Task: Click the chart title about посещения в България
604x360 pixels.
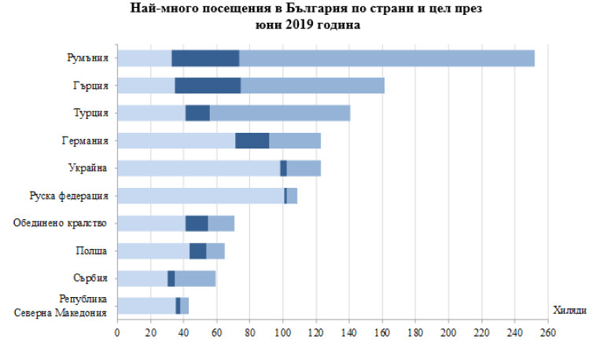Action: coord(302,17)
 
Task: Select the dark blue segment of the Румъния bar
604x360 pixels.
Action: coord(205,58)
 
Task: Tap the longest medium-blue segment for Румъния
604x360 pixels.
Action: coord(387,58)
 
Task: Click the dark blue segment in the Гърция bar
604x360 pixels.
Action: coord(208,86)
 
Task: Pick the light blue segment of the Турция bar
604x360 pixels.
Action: coord(151,113)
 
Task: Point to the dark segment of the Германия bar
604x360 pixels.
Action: coord(252,141)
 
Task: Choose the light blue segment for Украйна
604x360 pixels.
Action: coord(198,168)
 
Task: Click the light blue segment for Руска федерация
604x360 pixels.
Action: coord(201,196)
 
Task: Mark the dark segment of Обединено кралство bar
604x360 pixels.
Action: coord(197,223)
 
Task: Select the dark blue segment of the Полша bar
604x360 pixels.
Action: coord(197,251)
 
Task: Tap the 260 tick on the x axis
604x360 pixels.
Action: coord(547,334)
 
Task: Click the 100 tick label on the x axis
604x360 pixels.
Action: coord(282,334)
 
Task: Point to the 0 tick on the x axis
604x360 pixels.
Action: coord(117,334)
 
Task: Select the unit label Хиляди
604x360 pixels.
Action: coord(569,310)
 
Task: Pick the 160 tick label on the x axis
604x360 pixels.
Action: coord(382,334)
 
